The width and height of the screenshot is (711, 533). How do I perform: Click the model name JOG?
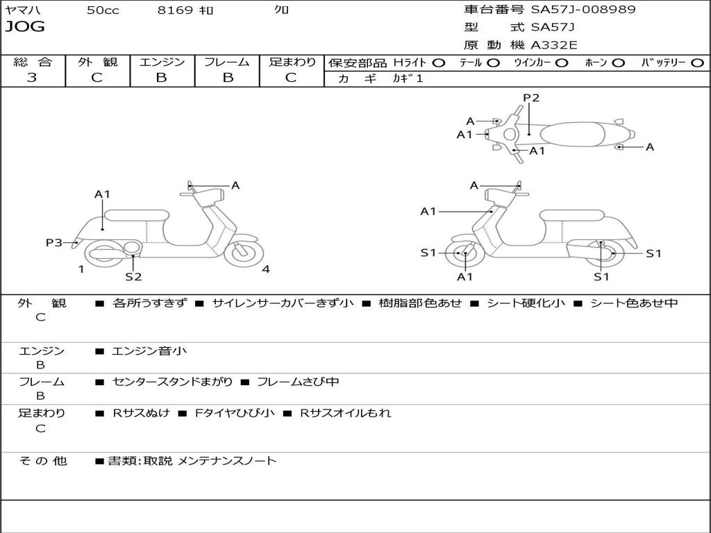pyautogui.click(x=25, y=27)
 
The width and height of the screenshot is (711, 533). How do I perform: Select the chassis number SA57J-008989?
pyautogui.click(x=583, y=10)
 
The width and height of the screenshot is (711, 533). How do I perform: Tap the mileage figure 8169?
pyautogui.click(x=175, y=10)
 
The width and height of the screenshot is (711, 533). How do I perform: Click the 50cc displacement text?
pyautogui.click(x=102, y=10)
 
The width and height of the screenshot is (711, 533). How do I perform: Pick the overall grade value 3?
pyautogui.click(x=32, y=78)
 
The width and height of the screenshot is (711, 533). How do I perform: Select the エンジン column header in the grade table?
pyautogui.click(x=162, y=62)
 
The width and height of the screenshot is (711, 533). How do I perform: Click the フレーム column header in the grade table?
pyautogui.click(x=226, y=62)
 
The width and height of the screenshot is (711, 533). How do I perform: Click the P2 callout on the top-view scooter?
pyautogui.click(x=531, y=98)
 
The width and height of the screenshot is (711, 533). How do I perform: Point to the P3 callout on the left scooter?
pyautogui.click(x=53, y=242)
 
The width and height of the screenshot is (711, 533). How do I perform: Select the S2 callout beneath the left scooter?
pyautogui.click(x=133, y=276)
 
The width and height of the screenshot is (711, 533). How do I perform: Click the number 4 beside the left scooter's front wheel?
pyautogui.click(x=266, y=269)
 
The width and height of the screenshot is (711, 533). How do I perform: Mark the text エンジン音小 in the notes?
pyautogui.click(x=149, y=351)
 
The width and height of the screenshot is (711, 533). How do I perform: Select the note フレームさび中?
pyautogui.click(x=298, y=382)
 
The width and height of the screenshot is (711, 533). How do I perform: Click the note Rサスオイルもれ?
pyautogui.click(x=345, y=413)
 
